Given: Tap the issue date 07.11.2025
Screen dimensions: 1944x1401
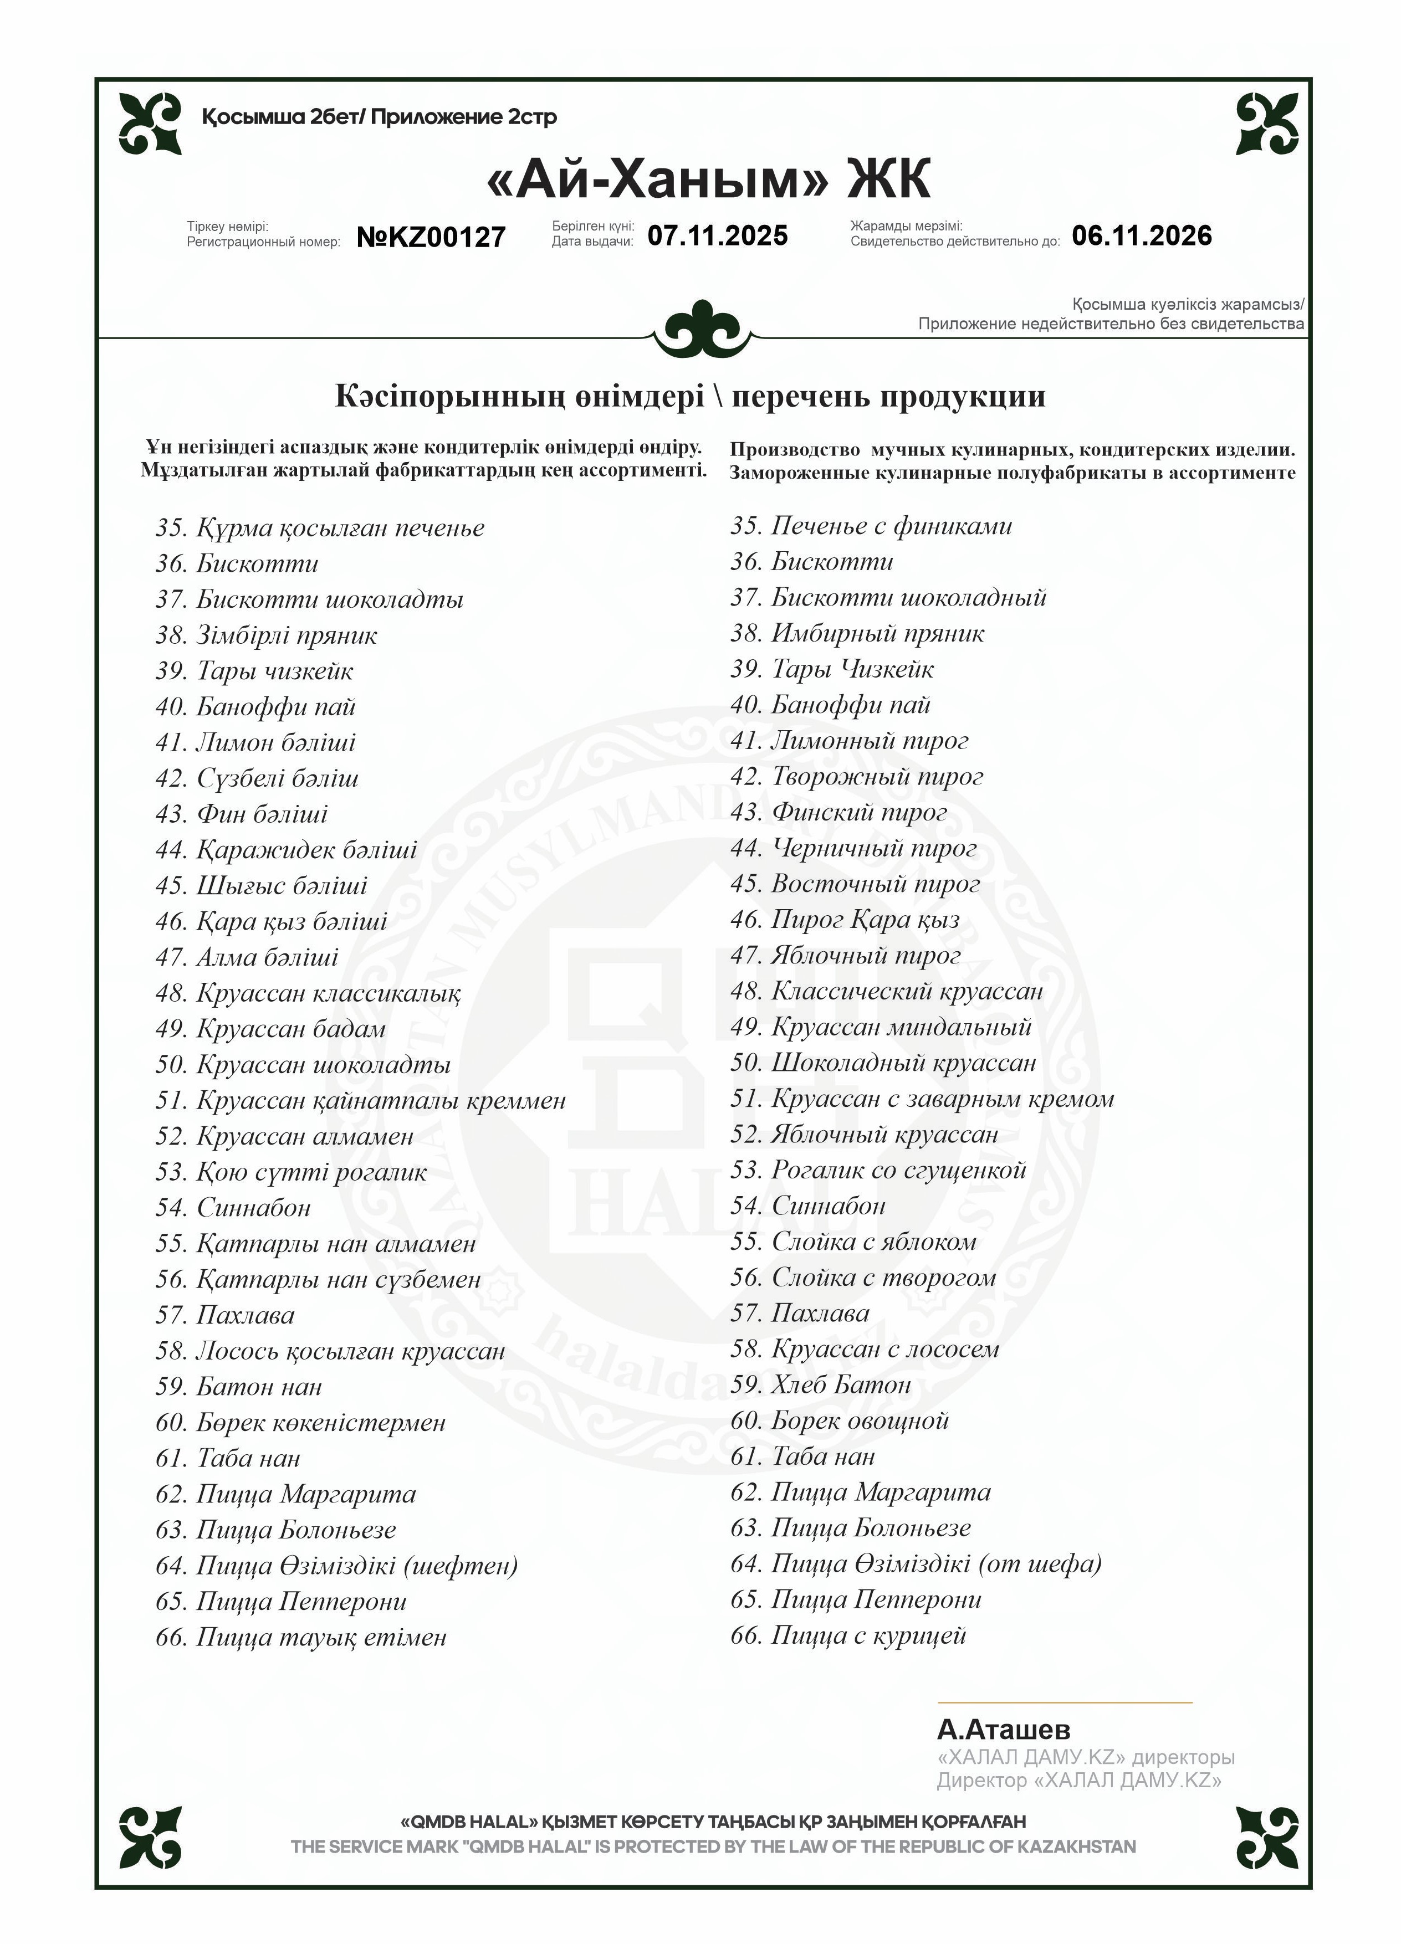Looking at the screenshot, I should click(717, 235).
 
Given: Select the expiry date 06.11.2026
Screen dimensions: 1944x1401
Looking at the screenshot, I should click(1141, 235).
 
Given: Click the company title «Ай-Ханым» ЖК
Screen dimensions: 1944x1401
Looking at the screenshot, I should click(707, 179).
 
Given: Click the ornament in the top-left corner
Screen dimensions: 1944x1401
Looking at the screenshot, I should click(150, 124).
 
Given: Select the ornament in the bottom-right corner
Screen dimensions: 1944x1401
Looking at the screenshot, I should click(1266, 1837).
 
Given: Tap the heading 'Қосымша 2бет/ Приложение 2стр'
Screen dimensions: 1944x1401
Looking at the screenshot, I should click(379, 116).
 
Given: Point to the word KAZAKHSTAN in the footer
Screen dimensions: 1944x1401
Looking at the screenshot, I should click(1076, 1846).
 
